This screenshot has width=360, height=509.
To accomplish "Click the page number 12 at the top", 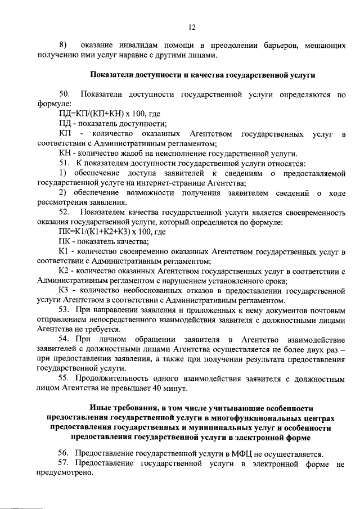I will coord(191,26).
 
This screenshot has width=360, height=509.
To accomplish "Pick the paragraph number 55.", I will coord(64,378).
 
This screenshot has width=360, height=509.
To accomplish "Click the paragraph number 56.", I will coord(64,453).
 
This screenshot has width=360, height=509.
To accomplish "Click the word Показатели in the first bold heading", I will coord(110,74).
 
